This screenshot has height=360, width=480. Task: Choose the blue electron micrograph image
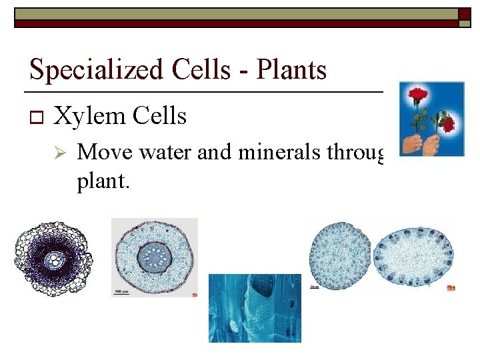click(x=255, y=308)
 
